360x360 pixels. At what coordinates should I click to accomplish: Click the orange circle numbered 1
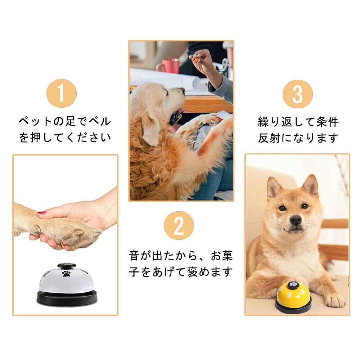[x=62, y=94]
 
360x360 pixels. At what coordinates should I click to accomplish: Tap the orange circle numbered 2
[x=179, y=225]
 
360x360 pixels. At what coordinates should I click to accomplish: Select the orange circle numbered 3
[x=298, y=94]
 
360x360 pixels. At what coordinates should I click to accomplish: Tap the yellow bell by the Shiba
[x=293, y=297]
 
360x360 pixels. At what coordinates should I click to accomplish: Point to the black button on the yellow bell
[x=293, y=285]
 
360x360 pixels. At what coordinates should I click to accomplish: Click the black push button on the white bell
[x=67, y=266]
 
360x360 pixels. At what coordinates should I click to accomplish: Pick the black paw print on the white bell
[x=66, y=274]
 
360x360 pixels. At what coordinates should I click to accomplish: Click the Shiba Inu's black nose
[x=296, y=220]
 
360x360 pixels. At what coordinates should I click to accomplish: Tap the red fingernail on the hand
[x=41, y=213]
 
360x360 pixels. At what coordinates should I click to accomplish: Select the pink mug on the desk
[x=168, y=66]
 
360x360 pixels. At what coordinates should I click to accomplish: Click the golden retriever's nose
[x=183, y=90]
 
